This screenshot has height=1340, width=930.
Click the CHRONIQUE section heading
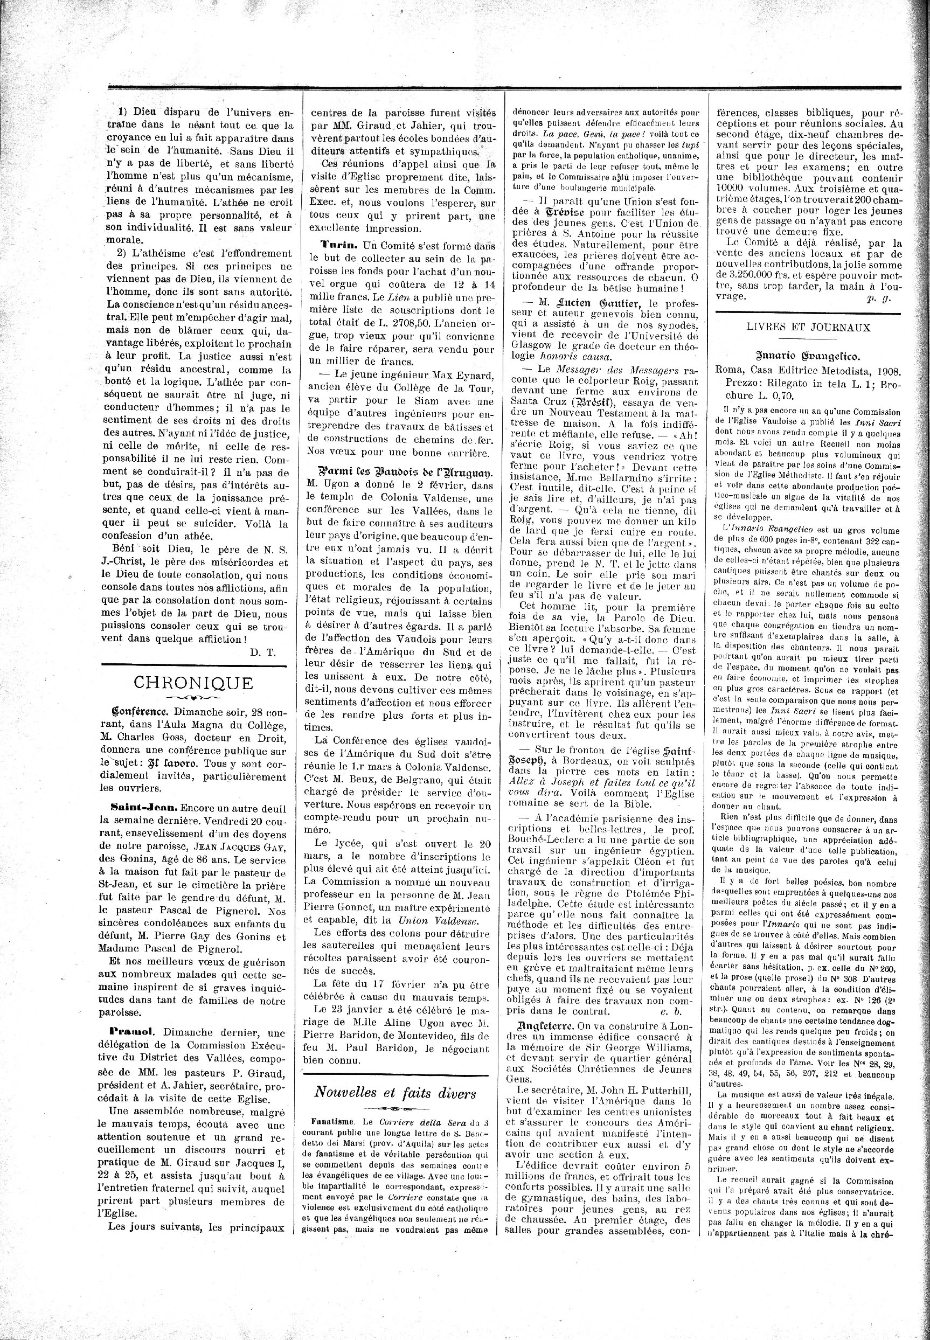pyautogui.click(x=193, y=682)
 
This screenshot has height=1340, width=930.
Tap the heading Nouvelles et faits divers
pyautogui.click(x=395, y=1092)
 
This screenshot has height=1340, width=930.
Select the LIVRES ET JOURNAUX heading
pyautogui.click(x=808, y=328)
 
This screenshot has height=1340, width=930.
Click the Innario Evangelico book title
pyautogui.click(x=808, y=357)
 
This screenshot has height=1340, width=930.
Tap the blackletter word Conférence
pyautogui.click(x=139, y=711)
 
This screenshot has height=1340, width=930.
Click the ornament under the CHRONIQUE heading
pyautogui.click(x=193, y=697)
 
